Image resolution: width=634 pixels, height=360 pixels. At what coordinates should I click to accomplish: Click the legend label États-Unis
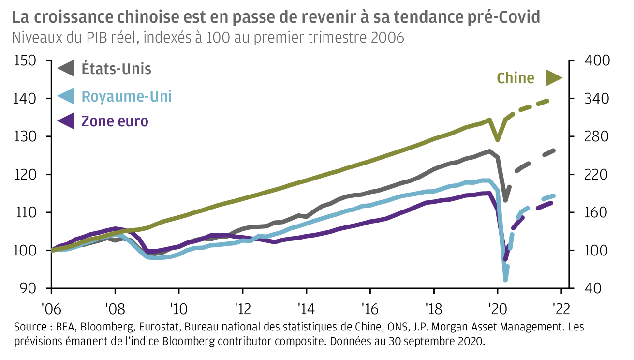click(116, 69)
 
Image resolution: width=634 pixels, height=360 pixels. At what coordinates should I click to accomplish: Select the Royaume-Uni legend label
click(126, 96)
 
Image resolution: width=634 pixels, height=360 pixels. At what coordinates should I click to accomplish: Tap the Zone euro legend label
click(115, 120)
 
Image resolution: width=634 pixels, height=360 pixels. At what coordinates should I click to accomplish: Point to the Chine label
click(516, 78)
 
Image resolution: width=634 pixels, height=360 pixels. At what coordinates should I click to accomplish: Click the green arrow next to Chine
click(553, 77)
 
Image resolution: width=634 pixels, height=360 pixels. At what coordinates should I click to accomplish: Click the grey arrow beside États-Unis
click(66, 68)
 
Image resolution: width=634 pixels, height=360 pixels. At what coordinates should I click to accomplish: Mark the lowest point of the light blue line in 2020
click(506, 279)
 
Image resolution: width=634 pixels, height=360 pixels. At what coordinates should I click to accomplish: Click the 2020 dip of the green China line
click(498, 139)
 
